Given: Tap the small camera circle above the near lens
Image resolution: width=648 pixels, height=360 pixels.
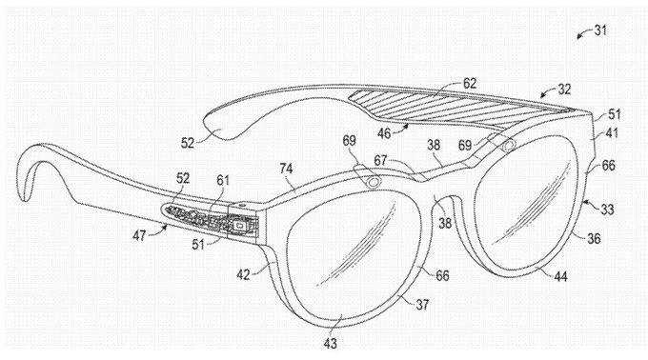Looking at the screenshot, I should click(373, 181).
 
